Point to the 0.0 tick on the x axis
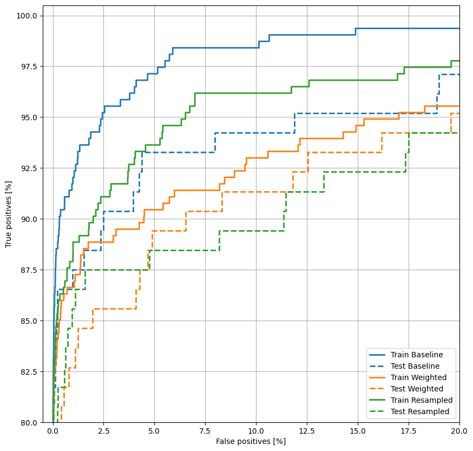pyautogui.click(x=52, y=432)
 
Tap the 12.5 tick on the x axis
pyautogui.click(x=307, y=432)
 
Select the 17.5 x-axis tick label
pyautogui.click(x=409, y=432)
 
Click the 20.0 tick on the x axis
pyautogui.click(x=459, y=432)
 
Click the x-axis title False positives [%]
pyautogui.click(x=251, y=442)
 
